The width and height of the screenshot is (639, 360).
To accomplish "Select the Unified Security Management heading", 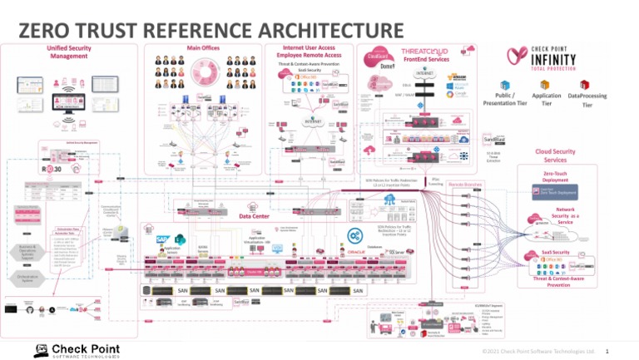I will click(69, 52).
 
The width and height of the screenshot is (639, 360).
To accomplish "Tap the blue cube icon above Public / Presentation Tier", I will click(504, 85).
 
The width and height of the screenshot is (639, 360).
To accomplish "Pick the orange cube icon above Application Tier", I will click(546, 85).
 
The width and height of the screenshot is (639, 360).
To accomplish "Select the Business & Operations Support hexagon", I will click(26, 252).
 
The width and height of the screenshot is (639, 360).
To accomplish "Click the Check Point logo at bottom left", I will click(76, 350).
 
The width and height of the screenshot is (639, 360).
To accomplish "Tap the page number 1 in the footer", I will click(607, 351).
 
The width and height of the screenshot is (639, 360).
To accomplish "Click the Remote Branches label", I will click(466, 184).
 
